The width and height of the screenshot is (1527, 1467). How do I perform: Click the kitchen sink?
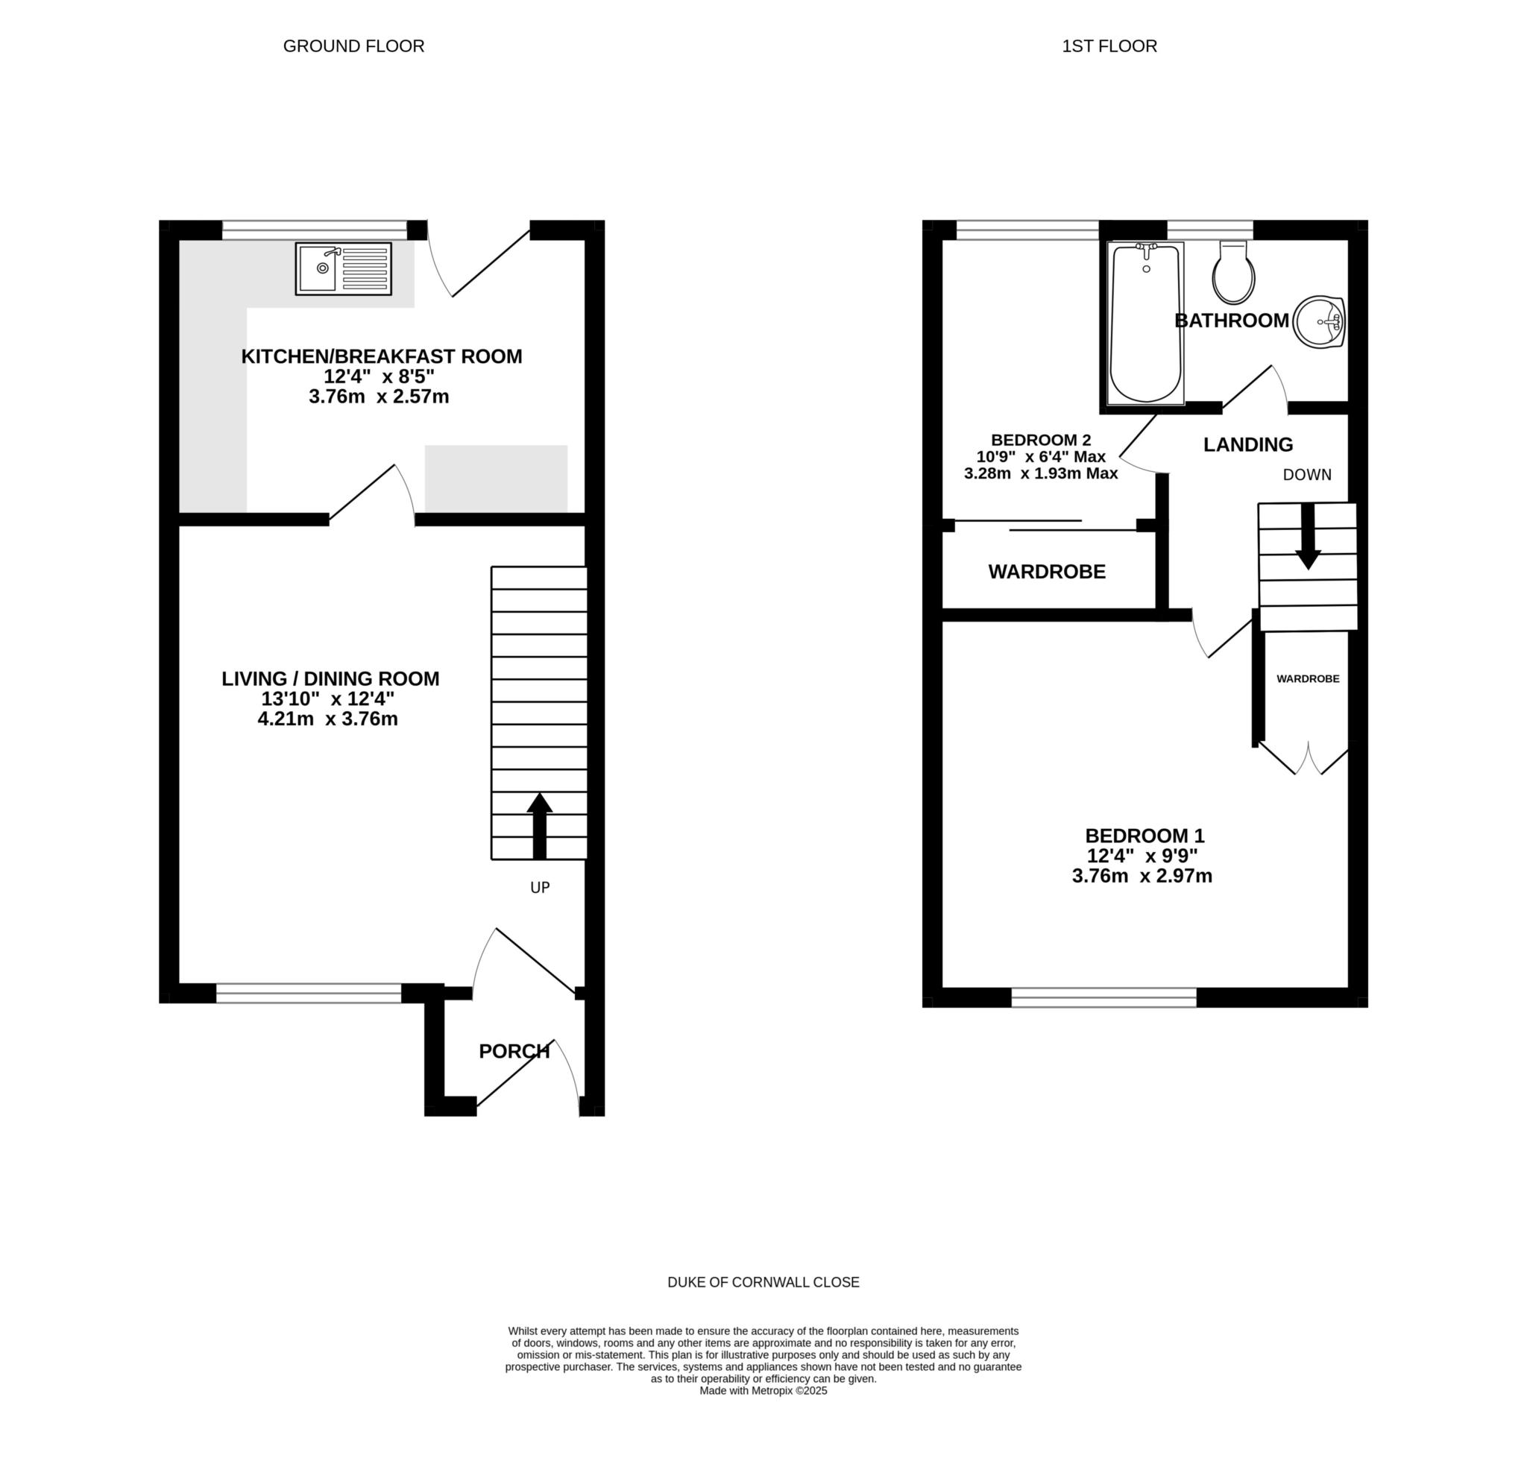[344, 269]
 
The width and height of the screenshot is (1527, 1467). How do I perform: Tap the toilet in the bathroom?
[1234, 272]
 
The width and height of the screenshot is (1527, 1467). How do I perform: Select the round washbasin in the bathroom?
[1319, 321]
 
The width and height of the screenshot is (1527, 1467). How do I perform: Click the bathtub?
[1146, 323]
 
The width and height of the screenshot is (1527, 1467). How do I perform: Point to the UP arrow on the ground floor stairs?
[539, 826]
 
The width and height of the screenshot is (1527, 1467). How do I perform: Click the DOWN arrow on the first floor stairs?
[1308, 536]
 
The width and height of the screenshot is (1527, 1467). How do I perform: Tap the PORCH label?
[514, 1051]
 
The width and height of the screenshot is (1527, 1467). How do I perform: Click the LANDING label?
[1248, 444]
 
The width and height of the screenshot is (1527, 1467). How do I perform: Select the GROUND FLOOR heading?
[353, 46]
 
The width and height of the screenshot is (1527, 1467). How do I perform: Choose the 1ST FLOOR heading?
[1109, 46]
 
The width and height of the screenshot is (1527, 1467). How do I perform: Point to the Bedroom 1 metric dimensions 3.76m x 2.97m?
[1142, 876]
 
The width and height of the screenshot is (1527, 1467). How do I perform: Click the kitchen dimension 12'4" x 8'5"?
[380, 376]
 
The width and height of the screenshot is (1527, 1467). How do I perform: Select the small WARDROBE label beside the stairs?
[1308, 678]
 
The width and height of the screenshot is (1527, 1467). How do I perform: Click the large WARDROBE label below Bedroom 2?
[1047, 572]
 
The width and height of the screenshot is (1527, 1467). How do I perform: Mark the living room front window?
[309, 993]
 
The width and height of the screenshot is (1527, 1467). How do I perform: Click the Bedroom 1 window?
[1104, 997]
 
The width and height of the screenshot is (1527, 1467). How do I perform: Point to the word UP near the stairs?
[540, 887]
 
